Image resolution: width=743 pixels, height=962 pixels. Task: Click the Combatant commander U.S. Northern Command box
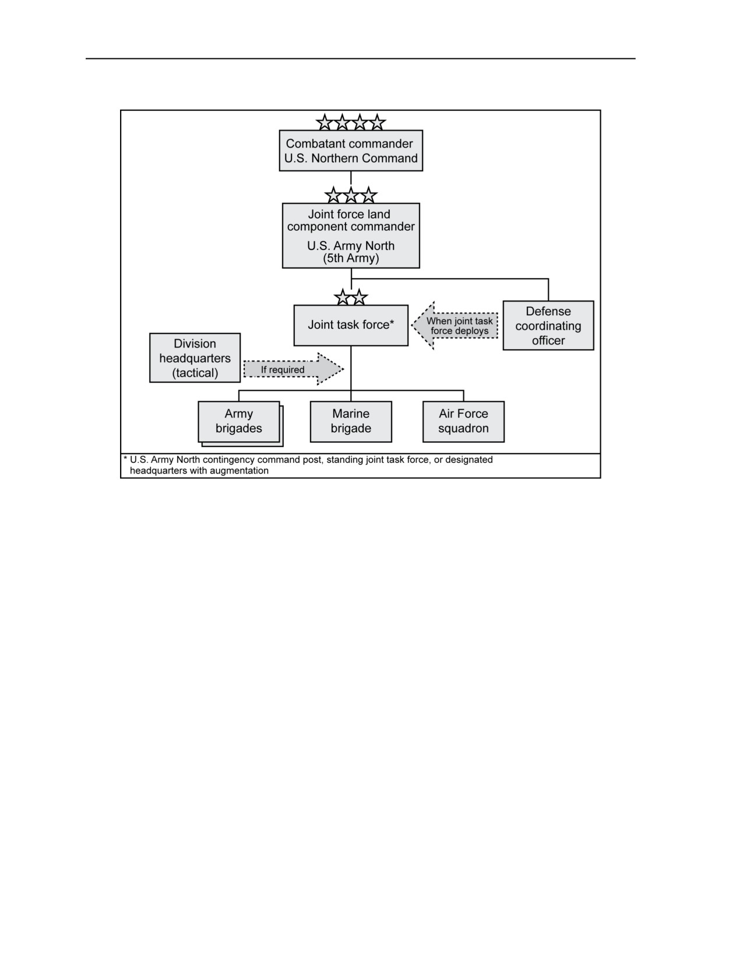tap(350, 150)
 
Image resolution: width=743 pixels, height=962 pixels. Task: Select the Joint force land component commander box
tap(351, 236)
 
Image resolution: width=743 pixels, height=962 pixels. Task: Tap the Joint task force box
tap(351, 325)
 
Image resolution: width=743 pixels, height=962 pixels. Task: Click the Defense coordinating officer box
tap(548, 325)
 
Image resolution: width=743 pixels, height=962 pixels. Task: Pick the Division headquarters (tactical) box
tap(195, 358)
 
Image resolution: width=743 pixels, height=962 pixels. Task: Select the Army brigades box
tap(240, 424)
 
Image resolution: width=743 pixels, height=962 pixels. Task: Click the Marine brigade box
tap(351, 422)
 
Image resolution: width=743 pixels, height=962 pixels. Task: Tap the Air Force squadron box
tap(463, 422)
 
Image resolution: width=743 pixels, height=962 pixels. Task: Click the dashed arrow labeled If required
tap(293, 369)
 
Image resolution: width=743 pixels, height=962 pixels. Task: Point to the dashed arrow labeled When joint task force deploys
tap(455, 326)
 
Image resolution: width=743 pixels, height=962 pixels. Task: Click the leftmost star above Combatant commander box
tap(325, 122)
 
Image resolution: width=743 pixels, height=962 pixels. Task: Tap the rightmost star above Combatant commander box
tap(377, 122)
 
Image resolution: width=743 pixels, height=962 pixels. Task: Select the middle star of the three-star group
tap(351, 195)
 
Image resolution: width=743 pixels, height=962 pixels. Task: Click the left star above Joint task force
tap(343, 297)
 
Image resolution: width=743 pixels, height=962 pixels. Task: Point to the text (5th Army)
tap(351, 258)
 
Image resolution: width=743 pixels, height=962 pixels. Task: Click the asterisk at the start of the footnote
tap(125, 458)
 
